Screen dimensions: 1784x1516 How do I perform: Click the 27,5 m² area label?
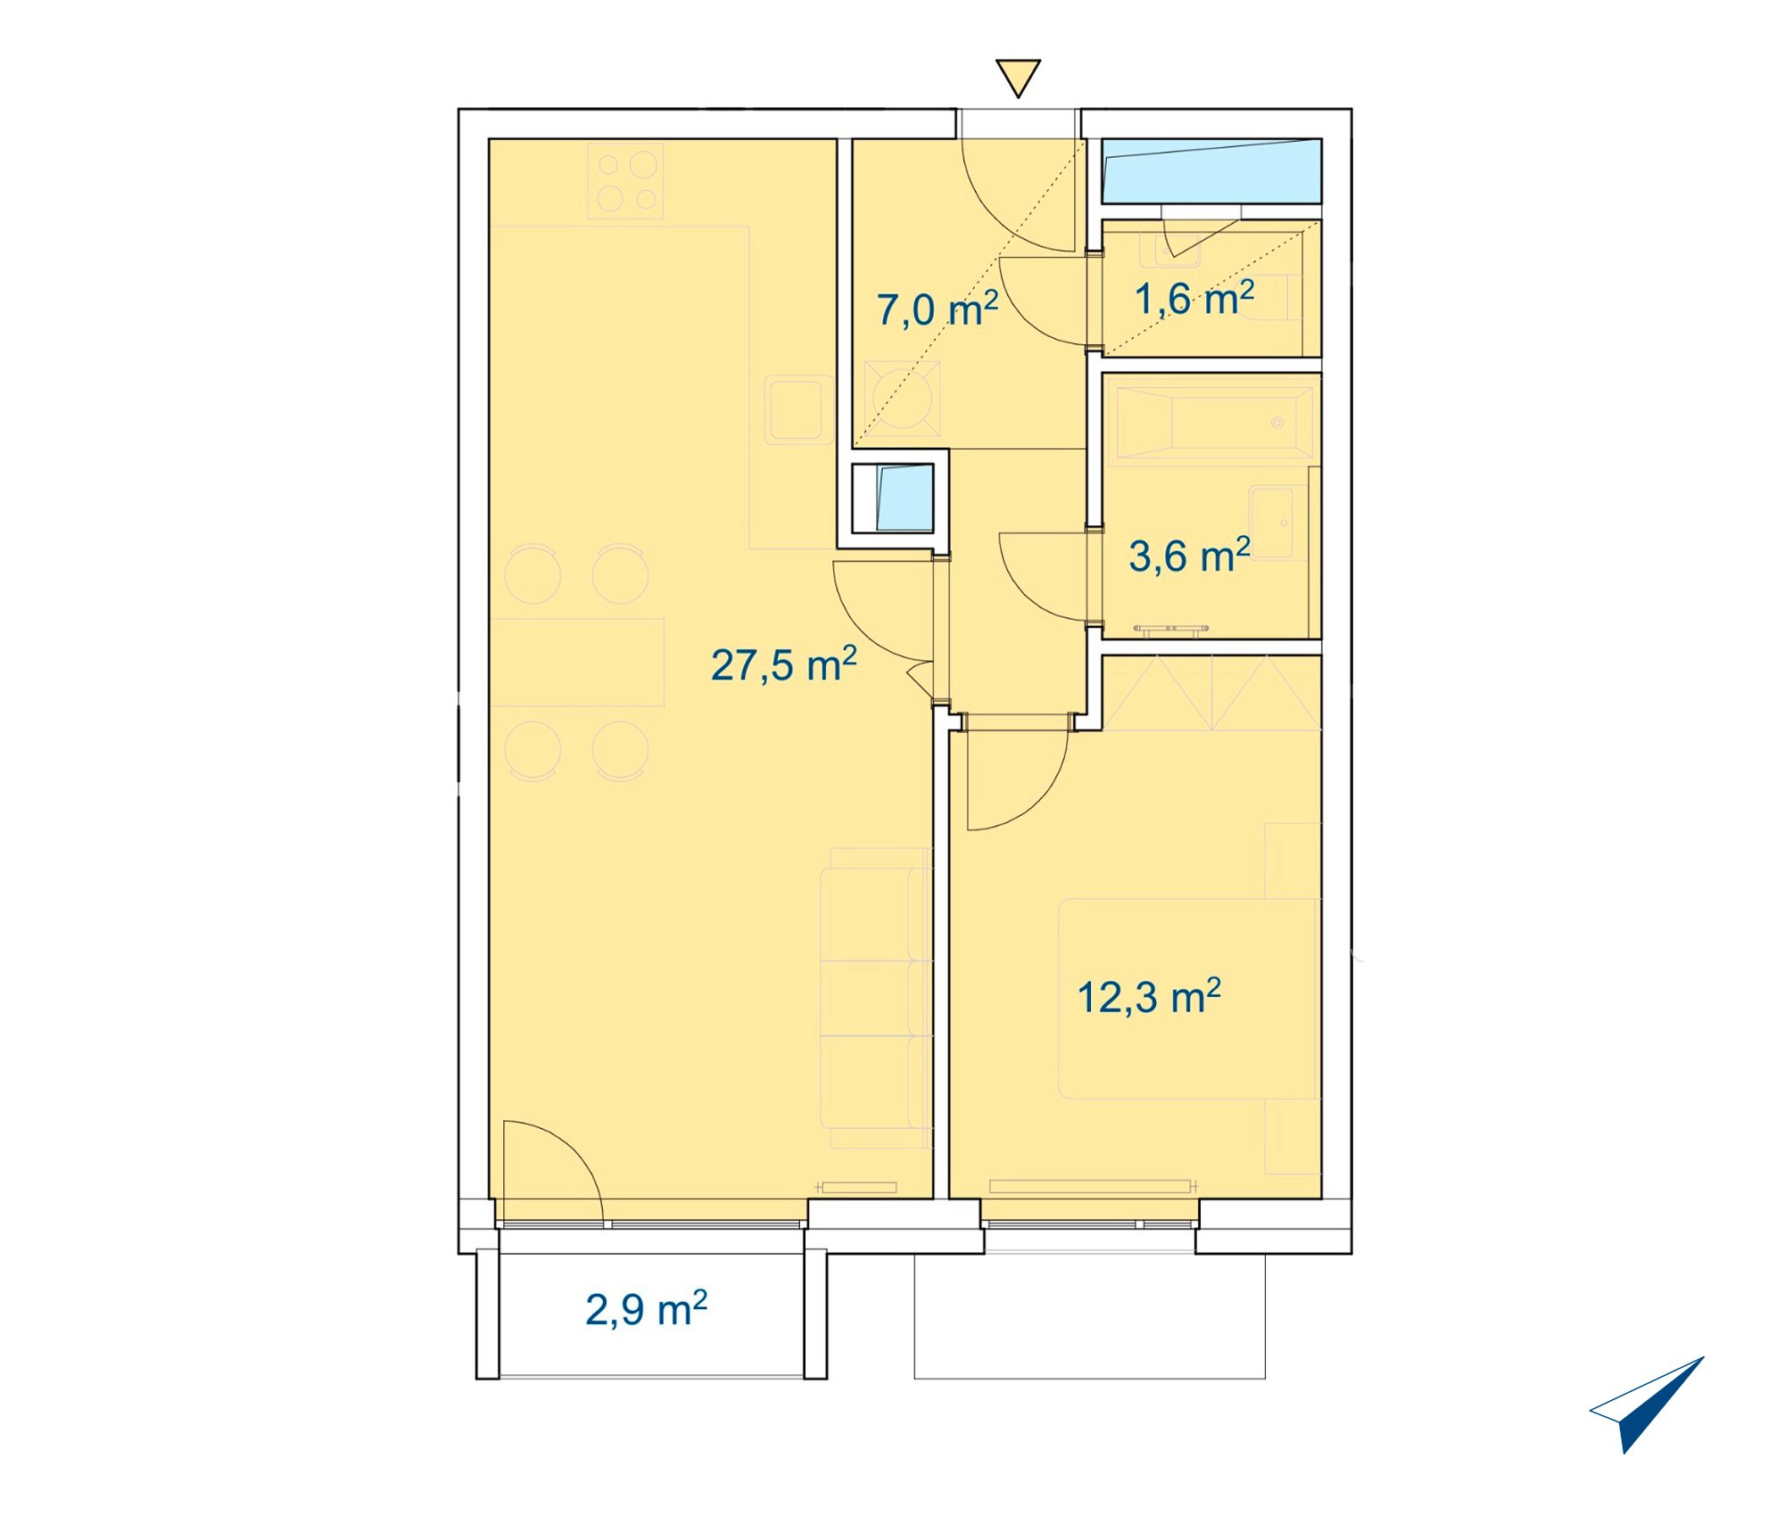(x=783, y=665)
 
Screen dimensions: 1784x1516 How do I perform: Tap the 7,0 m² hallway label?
(x=937, y=309)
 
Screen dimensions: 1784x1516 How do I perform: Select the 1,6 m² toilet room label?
(x=1193, y=298)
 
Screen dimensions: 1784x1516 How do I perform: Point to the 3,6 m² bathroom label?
(x=1189, y=556)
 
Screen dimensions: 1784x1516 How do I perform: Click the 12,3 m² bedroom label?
(x=1149, y=997)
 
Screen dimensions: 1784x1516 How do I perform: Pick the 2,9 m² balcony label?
(x=646, y=1309)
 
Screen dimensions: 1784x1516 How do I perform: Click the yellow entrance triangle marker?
(x=1018, y=78)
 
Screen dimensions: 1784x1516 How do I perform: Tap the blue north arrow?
(x=1647, y=1405)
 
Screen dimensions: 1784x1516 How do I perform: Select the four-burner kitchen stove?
(x=625, y=180)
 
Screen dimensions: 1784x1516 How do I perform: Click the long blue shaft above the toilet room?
(x=1211, y=170)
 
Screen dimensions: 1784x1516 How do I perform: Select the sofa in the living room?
(x=875, y=998)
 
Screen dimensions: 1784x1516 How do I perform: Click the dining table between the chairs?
(x=577, y=663)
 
